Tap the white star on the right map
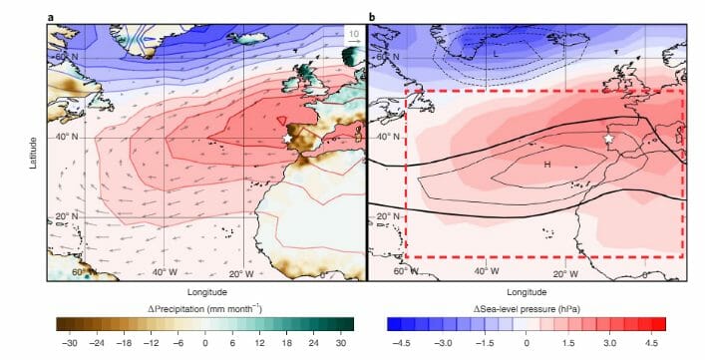tap(608, 139)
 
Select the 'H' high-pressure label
tap(546, 164)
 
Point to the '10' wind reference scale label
tap(352, 34)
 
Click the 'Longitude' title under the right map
tap(527, 293)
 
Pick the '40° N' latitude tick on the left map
tap(67, 136)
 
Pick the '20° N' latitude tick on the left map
tap(67, 215)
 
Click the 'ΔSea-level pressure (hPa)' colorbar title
tap(527, 307)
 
